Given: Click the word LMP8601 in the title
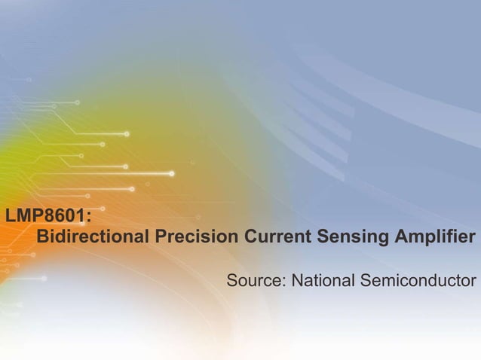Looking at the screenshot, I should [45, 216].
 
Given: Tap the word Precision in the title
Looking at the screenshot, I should [196, 237].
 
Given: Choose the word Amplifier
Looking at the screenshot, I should [434, 237].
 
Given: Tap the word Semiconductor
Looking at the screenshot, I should [418, 281].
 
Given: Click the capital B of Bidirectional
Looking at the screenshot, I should [44, 237].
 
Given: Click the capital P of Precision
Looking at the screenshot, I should [161, 237].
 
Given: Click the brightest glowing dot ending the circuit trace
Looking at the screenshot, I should [172, 174].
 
